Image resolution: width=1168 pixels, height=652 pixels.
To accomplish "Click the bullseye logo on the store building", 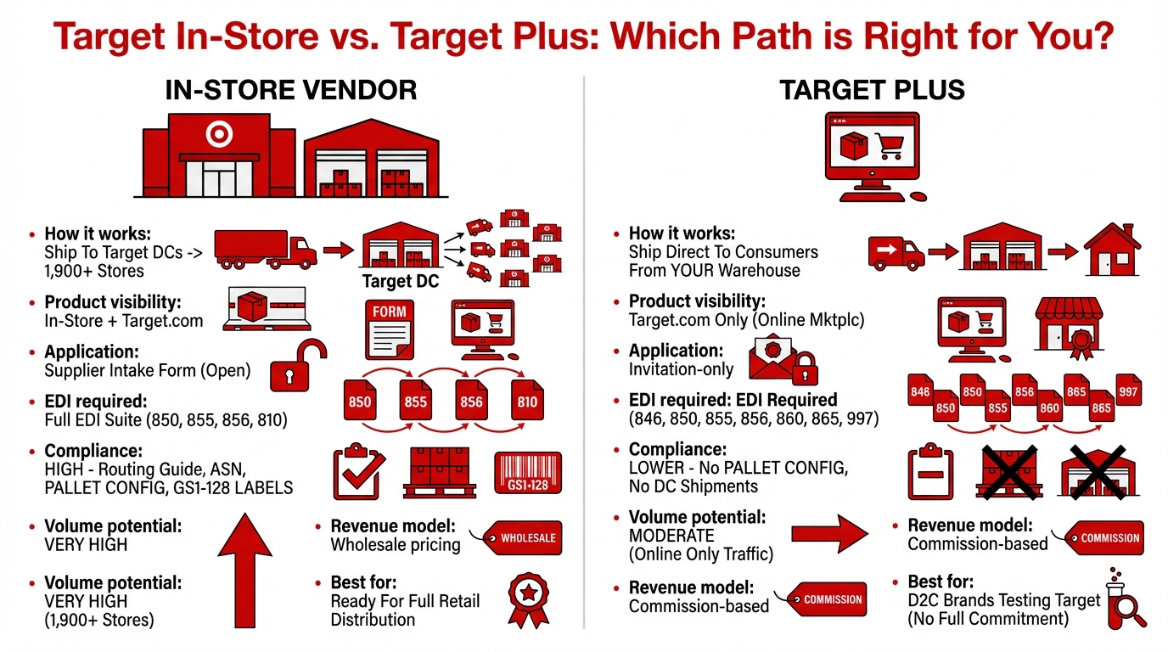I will [220, 135].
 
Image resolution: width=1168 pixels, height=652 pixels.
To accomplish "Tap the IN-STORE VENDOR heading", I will [291, 89].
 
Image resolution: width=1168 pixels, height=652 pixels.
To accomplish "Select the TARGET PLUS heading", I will [873, 89].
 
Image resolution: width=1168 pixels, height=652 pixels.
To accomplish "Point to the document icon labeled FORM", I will [389, 329].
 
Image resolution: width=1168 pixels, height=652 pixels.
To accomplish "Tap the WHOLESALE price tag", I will [524, 537].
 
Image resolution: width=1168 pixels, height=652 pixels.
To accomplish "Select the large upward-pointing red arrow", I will [245, 570].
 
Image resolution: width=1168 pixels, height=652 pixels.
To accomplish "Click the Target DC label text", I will [401, 281].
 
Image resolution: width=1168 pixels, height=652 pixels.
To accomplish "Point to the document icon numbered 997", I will [1128, 391].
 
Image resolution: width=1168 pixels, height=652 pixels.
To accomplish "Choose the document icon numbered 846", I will [920, 391].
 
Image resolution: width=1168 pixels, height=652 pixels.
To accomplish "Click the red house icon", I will [1112, 250].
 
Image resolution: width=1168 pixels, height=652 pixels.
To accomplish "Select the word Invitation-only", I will [681, 369].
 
